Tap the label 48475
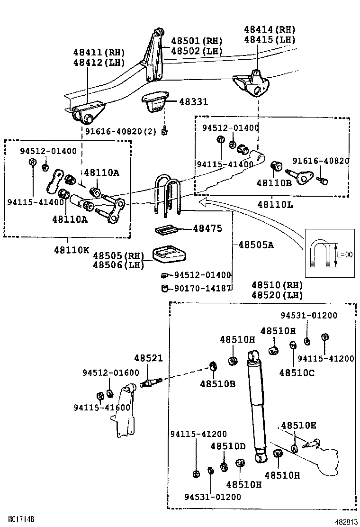click(207, 228)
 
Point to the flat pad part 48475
click(167, 229)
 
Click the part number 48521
click(148, 359)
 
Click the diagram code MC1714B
click(21, 519)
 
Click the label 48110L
click(275, 204)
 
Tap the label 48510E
click(298, 425)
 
